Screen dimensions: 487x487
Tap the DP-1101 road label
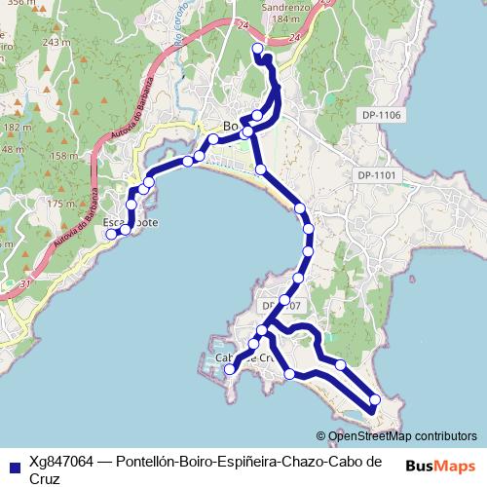pos(377,174)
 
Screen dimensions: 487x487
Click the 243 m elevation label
pos(57,43)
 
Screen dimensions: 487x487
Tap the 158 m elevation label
pos(62,155)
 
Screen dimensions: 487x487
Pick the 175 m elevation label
pos(60,204)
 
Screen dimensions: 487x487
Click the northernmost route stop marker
pos(257,48)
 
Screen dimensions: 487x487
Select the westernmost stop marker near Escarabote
pos(111,234)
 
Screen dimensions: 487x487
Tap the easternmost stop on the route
pos(375,399)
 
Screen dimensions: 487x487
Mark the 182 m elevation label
pos(14,128)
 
